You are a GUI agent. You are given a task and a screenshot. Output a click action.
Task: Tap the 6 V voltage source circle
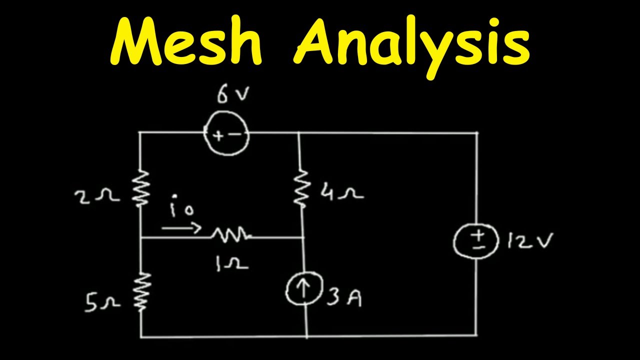coord(226,134)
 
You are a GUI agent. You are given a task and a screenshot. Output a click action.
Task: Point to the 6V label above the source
coord(231,94)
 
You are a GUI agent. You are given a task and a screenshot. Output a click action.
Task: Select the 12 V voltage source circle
coord(475,241)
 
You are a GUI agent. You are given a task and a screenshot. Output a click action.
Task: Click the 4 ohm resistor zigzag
coord(301,187)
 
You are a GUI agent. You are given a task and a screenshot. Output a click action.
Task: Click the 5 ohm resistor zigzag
coord(141,291)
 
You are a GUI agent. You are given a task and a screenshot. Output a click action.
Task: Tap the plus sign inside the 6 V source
coord(218,135)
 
